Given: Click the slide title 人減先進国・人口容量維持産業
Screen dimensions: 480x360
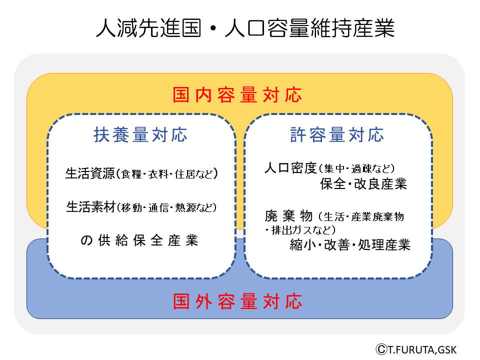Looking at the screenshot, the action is click(x=245, y=28).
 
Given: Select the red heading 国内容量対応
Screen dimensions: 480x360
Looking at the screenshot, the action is click(x=238, y=94).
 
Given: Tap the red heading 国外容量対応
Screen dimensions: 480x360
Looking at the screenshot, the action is click(x=238, y=302).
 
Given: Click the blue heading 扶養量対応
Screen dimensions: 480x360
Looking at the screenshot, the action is click(x=140, y=134).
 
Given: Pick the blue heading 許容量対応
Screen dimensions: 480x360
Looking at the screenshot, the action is click(x=337, y=134).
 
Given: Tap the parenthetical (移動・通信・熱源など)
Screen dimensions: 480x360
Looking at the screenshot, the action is click(x=167, y=207).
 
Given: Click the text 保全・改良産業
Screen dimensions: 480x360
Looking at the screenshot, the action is click(x=363, y=184).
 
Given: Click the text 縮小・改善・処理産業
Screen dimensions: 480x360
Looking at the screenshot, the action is click(x=350, y=245).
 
